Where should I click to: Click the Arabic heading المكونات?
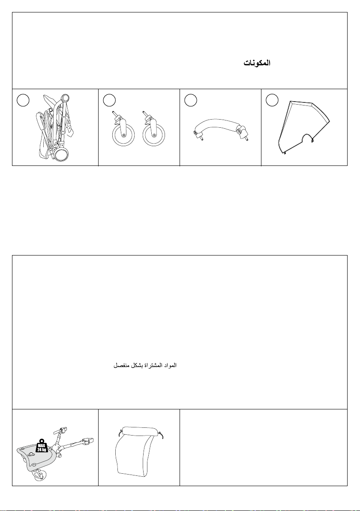click(257, 63)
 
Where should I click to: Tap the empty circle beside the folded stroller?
click(23, 100)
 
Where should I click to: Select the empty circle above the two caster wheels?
click(109, 100)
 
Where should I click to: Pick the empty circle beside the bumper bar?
click(191, 100)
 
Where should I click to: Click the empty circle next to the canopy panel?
click(272, 100)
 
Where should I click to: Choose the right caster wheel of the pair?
click(154, 135)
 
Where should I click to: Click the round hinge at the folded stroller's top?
click(65, 98)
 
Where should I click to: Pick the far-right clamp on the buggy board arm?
click(88, 441)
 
